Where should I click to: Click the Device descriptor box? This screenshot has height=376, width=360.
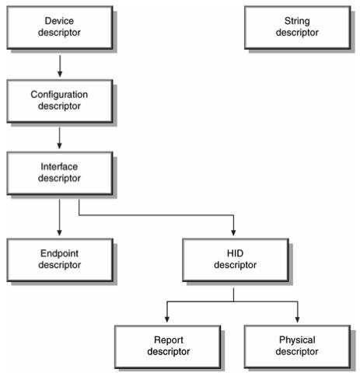[60, 28]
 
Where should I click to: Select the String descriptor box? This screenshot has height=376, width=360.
[298, 28]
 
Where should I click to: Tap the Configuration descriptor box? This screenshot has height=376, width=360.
[60, 101]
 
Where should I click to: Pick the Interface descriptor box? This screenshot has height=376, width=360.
[60, 173]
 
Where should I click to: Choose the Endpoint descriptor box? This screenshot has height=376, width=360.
[60, 260]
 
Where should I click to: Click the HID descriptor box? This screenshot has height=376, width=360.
[236, 260]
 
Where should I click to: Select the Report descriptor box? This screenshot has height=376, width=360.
[168, 346]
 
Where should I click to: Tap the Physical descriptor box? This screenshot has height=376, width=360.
[298, 346]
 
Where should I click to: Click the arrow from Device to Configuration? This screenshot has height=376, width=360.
[60, 66]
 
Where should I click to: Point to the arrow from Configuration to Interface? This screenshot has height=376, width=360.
[59, 138]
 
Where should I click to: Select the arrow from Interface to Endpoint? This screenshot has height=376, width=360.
[59, 218]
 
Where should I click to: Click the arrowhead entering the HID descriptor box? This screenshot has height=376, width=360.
[233, 232]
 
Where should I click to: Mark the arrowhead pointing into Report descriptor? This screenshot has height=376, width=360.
[167, 319]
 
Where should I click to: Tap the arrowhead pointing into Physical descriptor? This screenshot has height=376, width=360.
[297, 319]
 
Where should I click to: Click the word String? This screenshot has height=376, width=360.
[297, 21]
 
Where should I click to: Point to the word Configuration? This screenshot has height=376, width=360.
[59, 95]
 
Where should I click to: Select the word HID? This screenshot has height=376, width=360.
[235, 253]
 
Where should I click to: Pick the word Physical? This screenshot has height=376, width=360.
[297, 340]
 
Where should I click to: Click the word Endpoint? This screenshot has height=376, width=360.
[59, 253]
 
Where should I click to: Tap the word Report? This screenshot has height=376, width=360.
[169, 340]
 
